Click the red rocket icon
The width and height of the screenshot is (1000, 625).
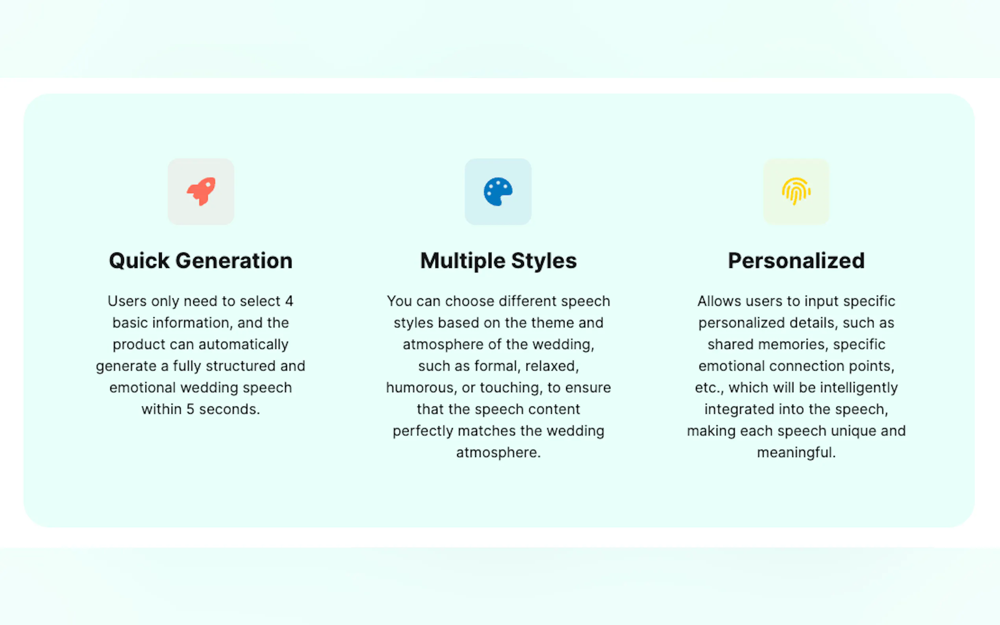pos(201,191)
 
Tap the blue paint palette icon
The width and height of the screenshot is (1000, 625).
pos(498,191)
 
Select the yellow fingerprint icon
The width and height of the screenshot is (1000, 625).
pos(796,191)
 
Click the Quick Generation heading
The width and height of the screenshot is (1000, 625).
pos(200,261)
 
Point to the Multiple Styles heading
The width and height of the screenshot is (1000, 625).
pos(498,261)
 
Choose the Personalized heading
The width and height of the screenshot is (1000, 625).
pos(796,261)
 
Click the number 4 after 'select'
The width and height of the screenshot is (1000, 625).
pos(289,301)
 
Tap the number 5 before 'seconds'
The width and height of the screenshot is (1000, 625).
pos(190,409)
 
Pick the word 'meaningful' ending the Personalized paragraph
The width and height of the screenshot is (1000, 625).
pos(796,453)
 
